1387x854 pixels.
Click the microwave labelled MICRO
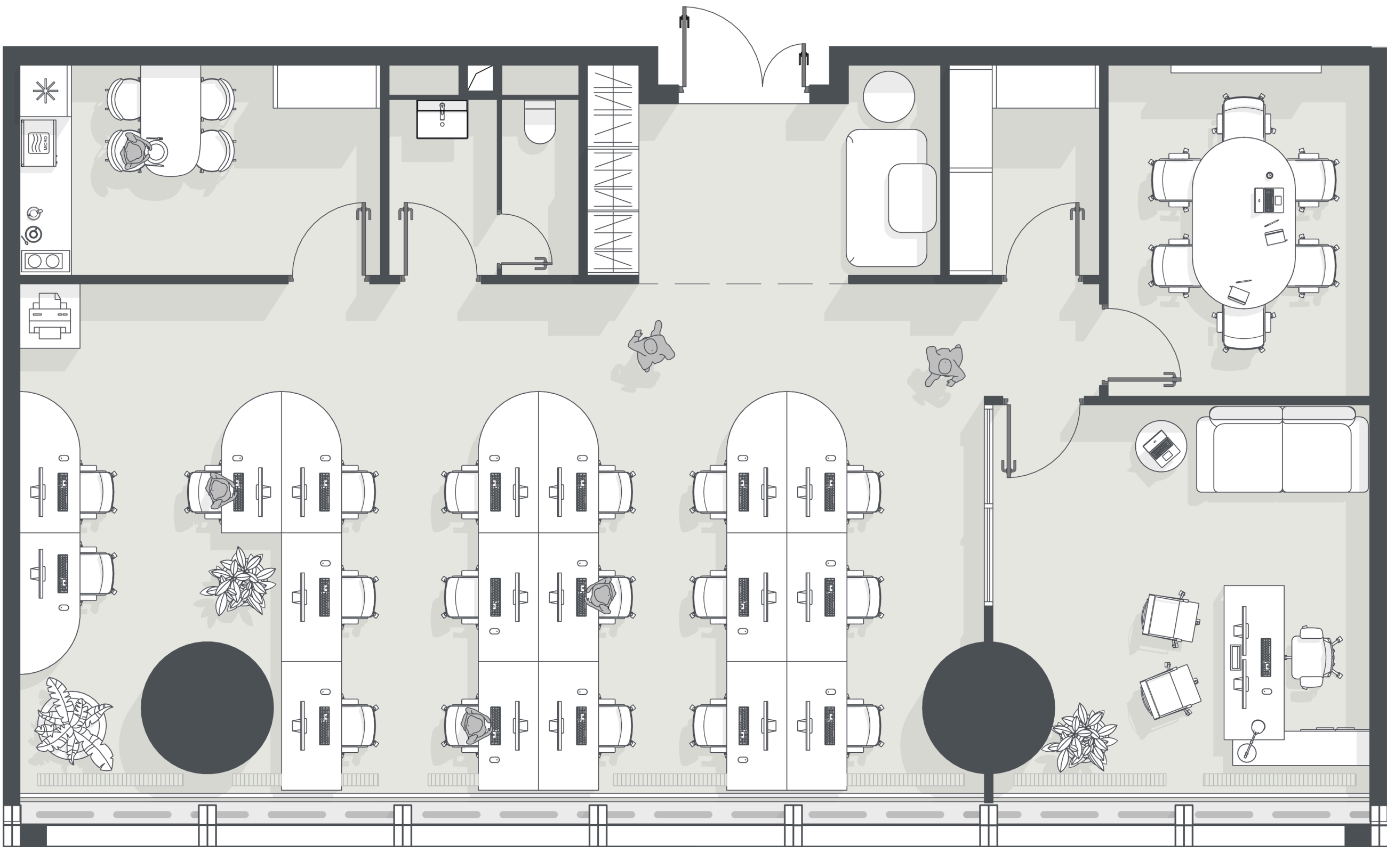pos(39,143)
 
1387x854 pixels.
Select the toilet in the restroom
pos(540,121)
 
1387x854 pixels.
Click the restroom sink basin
pos(442,119)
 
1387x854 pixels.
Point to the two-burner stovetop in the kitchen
pos(45,261)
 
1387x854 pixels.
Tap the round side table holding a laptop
pos(1161,446)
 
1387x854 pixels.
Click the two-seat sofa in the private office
pos(1282,450)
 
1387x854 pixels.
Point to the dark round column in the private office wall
pos(988,707)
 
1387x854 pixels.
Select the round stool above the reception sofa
pos(888,96)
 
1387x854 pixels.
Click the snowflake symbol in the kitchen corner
pos(45,91)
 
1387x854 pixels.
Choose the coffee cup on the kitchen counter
pos(35,214)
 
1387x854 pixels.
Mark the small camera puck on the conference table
pos(1270,176)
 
